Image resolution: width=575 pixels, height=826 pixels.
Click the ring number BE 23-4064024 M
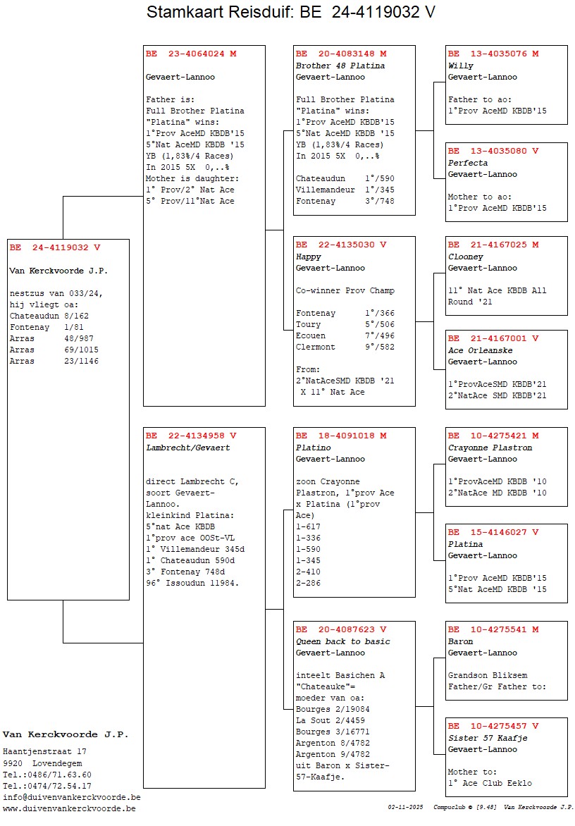pos(191,54)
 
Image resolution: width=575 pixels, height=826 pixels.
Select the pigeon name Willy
pos(461,66)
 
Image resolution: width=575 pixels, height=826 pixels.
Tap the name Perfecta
pos(468,163)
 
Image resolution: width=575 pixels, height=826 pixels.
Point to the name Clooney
pos(466,257)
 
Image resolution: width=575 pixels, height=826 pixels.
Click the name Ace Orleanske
pos(480,350)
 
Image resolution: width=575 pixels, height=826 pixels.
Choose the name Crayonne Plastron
pos(490,448)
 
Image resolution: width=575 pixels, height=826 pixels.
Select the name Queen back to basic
pos(342,641)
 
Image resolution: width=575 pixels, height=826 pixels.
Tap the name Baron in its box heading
pos(461,641)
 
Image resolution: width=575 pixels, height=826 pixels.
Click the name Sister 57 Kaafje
pos(488,738)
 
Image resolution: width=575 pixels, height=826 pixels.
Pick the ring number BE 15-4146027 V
pos(493,532)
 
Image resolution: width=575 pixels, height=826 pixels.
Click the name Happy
pos(309,257)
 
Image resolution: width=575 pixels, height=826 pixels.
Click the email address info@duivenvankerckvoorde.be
pos(71,797)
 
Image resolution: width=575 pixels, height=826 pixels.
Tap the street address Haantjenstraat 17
pos(44,751)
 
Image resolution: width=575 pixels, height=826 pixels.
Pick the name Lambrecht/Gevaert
pos(187,448)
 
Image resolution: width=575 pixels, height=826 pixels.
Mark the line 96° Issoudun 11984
pos(192,583)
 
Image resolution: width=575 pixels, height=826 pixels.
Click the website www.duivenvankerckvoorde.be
pos(69,808)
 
